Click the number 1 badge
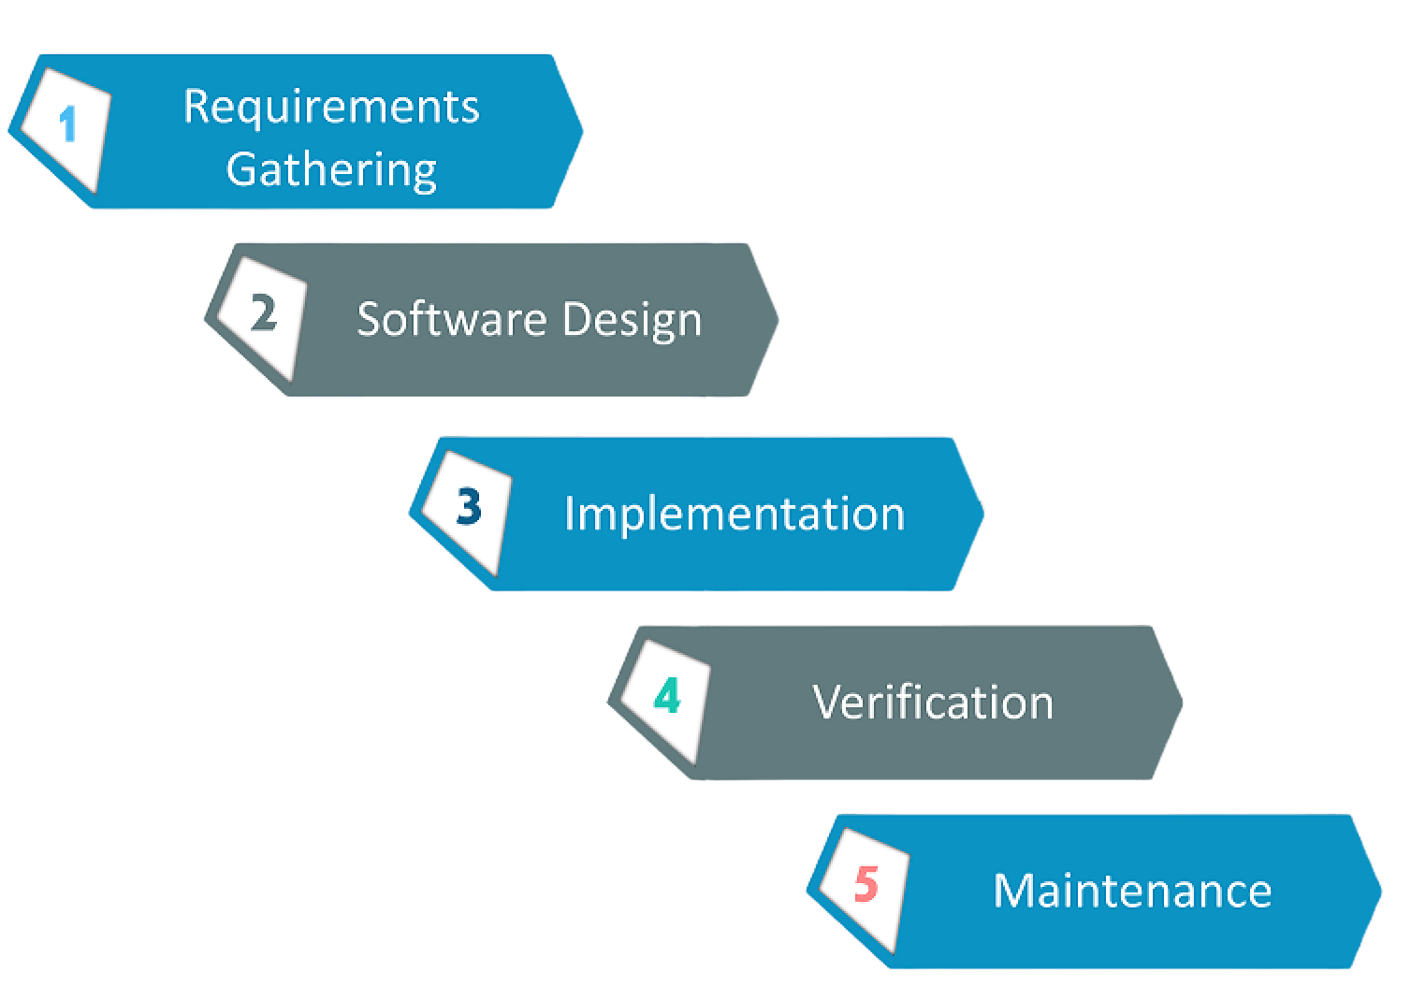point(67,124)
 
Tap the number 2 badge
point(263,313)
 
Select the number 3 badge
point(469,507)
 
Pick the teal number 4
point(667,697)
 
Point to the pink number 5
point(866,884)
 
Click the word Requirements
point(331,107)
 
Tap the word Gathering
point(331,170)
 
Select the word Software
point(439,319)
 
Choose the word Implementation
point(735,514)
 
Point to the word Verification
point(933,702)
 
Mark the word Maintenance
point(1132,890)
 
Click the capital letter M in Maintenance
point(1011,890)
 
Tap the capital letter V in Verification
point(826,702)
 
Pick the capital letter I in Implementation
point(569,513)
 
